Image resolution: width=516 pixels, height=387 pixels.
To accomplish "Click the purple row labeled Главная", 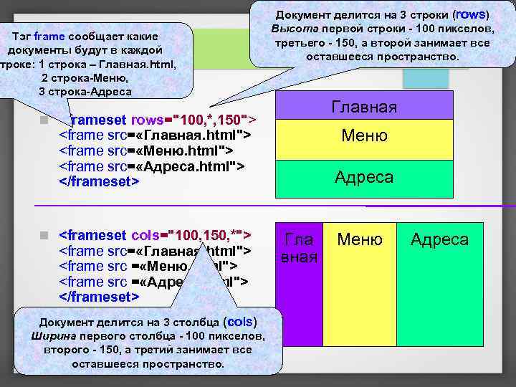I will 364,106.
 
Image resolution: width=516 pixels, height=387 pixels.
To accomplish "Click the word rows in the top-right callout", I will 470,14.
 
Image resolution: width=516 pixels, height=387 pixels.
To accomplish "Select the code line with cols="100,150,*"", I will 154,235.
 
